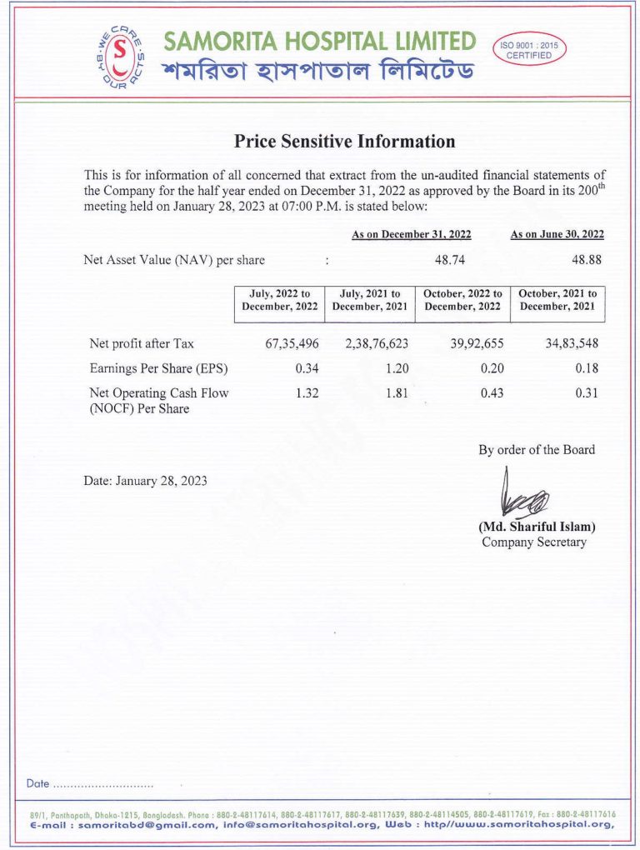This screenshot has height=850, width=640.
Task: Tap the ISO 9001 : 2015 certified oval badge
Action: pos(531,50)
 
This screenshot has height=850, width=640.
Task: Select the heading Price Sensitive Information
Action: pos(345,142)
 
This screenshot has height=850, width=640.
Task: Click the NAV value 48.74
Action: pos(451,260)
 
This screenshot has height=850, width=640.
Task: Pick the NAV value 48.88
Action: pos(587,260)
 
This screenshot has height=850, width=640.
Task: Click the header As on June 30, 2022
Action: pos(557,235)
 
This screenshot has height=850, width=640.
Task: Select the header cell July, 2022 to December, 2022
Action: pos(280,300)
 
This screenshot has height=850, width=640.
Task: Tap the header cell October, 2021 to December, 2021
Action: pos(557,300)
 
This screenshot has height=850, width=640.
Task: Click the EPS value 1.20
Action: pos(395,368)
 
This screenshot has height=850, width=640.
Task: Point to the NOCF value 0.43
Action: pos(492,393)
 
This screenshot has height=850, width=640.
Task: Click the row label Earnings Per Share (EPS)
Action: pos(158,368)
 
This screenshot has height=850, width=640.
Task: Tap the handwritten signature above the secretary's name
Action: pos(523,497)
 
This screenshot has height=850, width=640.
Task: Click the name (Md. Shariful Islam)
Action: pos(537,527)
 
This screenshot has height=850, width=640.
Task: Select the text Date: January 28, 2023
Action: pos(146,481)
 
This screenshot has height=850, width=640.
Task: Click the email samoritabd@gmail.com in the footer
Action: pos(147,825)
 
